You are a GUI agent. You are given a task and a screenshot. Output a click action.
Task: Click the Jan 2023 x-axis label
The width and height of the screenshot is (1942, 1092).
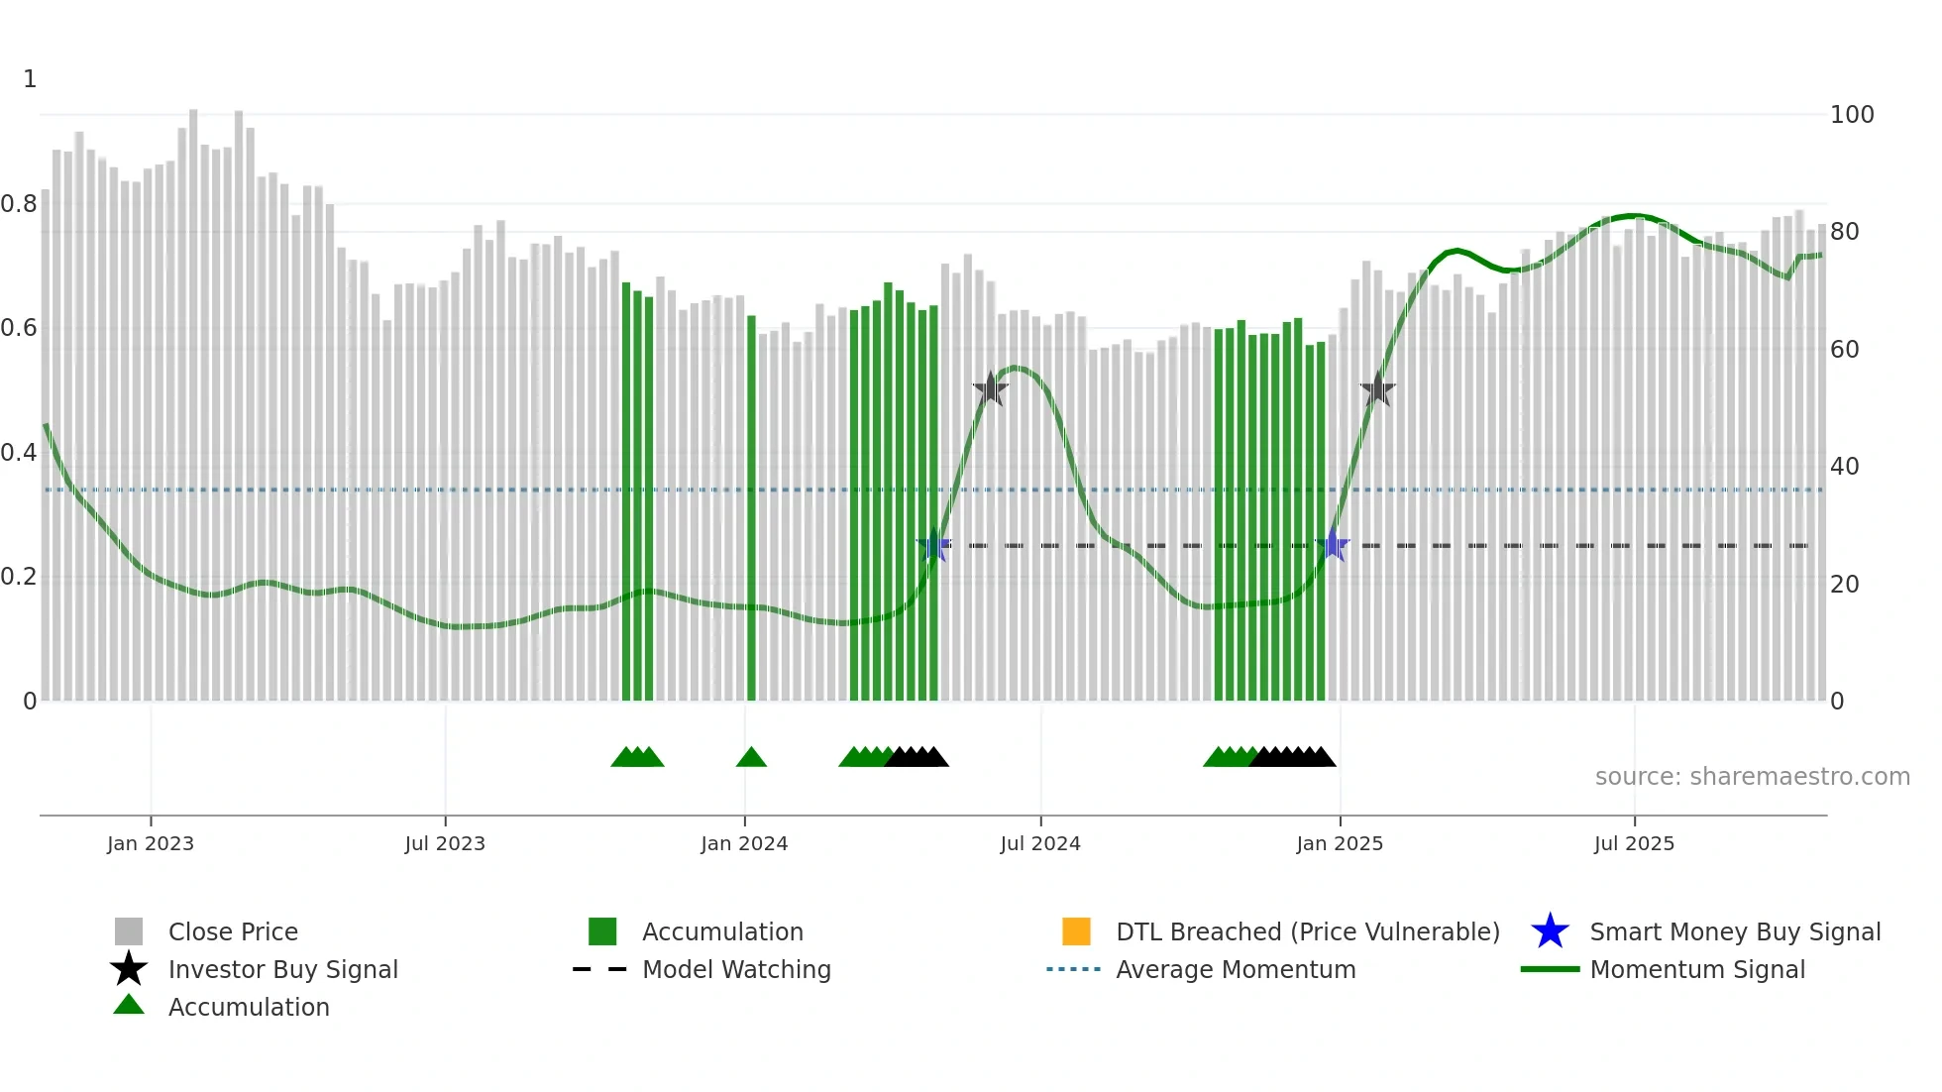151,843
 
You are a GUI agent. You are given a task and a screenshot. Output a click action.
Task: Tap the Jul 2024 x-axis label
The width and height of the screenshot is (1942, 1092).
1040,843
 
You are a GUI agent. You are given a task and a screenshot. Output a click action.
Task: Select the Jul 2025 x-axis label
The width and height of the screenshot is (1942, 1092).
1634,843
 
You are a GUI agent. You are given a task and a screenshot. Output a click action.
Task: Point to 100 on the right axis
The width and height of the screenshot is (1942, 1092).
1852,115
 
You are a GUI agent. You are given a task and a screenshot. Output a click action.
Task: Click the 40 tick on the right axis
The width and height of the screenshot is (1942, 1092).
1845,467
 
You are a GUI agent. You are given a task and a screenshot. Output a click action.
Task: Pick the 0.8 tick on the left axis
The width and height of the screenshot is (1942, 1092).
19,204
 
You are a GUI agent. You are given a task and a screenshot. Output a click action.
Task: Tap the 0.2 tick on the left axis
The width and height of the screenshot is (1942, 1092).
19,577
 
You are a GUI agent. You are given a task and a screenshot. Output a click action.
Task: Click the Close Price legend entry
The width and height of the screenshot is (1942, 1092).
233,931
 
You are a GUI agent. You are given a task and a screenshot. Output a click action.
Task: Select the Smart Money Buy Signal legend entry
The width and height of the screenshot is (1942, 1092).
1735,931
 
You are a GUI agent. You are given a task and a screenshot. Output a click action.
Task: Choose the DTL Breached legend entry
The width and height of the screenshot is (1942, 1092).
1307,931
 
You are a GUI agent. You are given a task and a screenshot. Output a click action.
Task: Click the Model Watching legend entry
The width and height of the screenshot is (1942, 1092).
736,969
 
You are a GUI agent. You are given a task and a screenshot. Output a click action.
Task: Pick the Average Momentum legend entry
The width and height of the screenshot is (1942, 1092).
1236,969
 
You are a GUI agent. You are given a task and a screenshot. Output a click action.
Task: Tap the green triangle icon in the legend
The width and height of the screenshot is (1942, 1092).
129,1005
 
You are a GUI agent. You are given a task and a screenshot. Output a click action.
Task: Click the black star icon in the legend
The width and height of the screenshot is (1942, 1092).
129,969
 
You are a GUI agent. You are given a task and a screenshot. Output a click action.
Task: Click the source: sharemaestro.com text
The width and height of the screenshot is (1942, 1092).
1752,777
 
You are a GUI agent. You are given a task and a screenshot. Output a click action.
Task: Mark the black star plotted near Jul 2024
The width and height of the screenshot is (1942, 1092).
990,389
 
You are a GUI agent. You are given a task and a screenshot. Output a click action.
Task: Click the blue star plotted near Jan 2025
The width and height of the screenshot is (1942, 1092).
1334,545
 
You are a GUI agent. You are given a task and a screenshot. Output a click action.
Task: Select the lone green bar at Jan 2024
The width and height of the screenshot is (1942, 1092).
751,507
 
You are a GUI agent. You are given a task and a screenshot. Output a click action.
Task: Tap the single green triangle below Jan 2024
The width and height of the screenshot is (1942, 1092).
751,757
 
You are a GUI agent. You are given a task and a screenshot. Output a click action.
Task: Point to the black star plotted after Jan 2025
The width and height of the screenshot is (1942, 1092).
1377,390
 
